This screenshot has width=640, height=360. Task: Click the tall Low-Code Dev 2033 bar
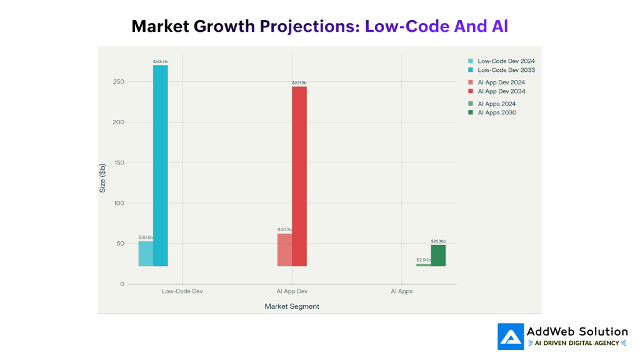point(160,166)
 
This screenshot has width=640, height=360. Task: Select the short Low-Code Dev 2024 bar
point(146,254)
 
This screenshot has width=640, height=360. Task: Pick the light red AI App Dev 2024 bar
point(284,250)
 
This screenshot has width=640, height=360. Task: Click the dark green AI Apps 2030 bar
point(438,256)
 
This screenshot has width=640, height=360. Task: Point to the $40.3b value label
point(285,229)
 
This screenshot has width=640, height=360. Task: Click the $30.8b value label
point(146,237)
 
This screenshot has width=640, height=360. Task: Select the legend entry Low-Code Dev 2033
point(506,70)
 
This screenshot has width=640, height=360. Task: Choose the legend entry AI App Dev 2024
point(501,82)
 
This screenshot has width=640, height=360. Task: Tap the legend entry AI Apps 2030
point(496,112)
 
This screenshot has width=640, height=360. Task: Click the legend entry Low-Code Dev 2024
point(506,61)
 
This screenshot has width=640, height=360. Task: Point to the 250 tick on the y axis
point(118,82)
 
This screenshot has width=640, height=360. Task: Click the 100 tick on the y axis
point(118,203)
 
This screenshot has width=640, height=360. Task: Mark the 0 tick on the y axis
point(122,284)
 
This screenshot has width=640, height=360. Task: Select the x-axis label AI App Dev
point(292,291)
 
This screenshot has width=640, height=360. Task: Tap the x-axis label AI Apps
point(401,291)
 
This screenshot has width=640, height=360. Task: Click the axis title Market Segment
point(292,306)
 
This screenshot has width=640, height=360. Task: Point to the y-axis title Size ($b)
point(102,178)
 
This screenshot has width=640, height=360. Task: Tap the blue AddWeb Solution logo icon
point(511,336)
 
